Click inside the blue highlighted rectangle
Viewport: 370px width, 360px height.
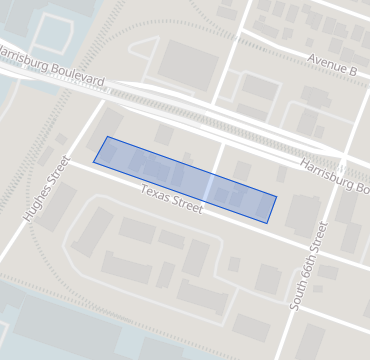pyautogui.click(x=185, y=179)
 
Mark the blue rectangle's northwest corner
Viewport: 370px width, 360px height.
pyautogui.click(x=107, y=137)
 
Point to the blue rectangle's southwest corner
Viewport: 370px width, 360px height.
pyautogui.click(x=94, y=160)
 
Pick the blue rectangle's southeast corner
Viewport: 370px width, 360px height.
pyautogui.click(x=267, y=222)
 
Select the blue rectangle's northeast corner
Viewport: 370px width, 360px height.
pyautogui.click(x=276, y=197)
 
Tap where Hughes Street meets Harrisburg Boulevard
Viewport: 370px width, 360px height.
pyautogui.click(x=103, y=93)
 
